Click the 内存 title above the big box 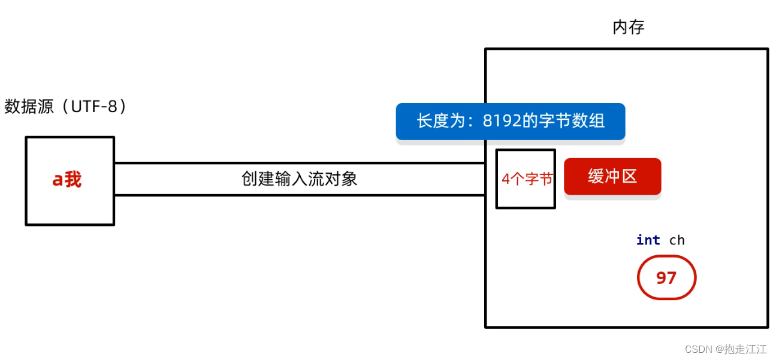click(x=628, y=28)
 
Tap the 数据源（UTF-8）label click(x=66, y=107)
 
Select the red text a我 click(x=67, y=179)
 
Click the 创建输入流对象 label click(x=299, y=179)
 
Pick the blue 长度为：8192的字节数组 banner click(x=511, y=122)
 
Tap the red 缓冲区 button click(x=612, y=176)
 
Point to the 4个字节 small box click(x=526, y=179)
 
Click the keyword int click(x=648, y=240)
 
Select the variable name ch click(x=677, y=240)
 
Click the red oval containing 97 click(x=666, y=278)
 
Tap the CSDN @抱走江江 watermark click(x=725, y=349)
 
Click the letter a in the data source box click(x=58, y=180)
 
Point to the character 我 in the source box click(x=73, y=179)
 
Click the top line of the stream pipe click(x=299, y=163)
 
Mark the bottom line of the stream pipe click(x=299, y=195)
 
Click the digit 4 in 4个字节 click(x=505, y=179)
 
